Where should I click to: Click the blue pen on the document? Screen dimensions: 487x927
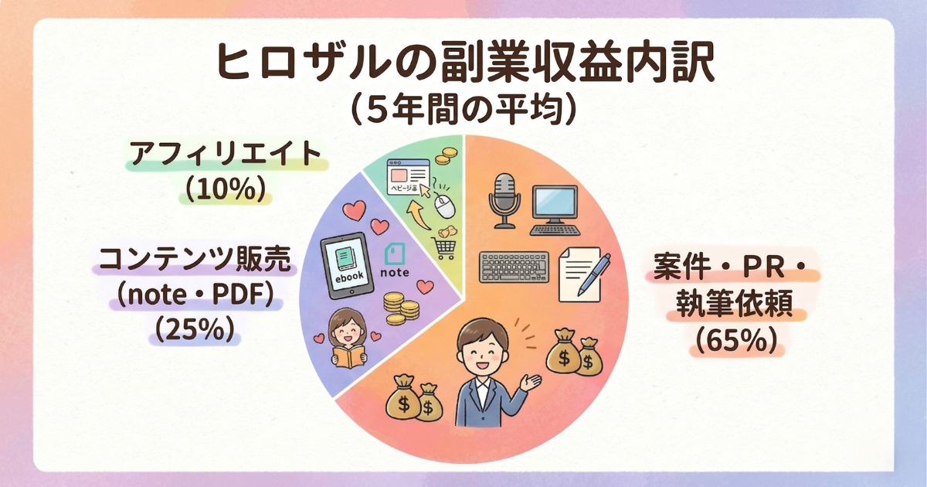[596, 271]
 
